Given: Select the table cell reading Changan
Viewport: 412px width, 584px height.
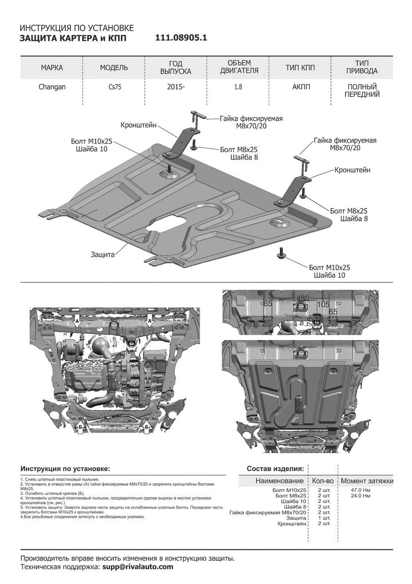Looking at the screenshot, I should (x=51, y=87).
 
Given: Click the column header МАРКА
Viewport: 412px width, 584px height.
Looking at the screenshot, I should (x=51, y=68).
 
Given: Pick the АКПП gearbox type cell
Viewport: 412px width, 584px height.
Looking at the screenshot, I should (x=300, y=87).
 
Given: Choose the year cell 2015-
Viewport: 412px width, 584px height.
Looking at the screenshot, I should (x=176, y=88).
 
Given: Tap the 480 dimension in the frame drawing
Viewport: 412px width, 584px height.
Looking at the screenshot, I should (x=303, y=298).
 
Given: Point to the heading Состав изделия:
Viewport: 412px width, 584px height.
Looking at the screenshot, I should (x=275, y=469).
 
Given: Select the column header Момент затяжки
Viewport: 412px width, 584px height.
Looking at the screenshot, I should (x=367, y=481).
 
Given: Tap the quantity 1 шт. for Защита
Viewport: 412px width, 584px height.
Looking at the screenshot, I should (x=323, y=518).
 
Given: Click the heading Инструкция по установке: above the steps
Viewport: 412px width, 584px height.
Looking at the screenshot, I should (x=65, y=469).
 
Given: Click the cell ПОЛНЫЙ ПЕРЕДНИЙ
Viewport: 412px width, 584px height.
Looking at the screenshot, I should (x=362, y=91).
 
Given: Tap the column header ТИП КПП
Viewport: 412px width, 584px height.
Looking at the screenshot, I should (x=300, y=68).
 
